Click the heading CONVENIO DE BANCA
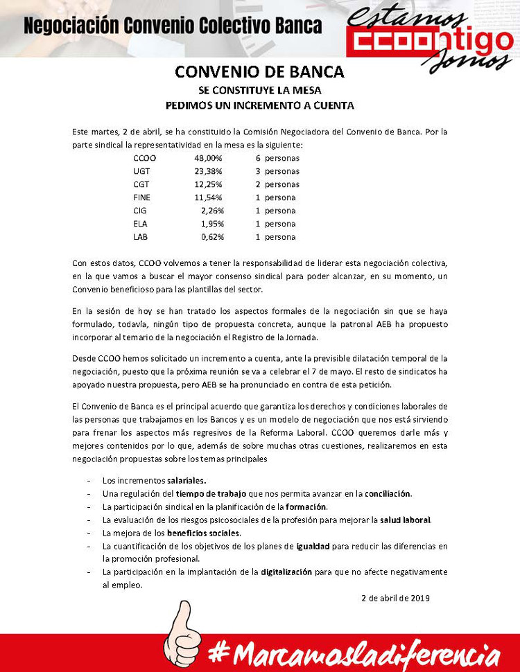(259, 72)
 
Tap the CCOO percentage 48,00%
(208, 158)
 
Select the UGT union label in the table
(141, 171)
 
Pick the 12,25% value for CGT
(208, 184)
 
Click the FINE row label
(141, 197)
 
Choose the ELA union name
(140, 224)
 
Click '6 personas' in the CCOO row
(277, 158)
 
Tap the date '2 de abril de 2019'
(396, 598)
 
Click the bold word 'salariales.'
(187, 480)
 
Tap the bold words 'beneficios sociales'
(204, 533)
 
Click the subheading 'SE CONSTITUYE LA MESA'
(259, 90)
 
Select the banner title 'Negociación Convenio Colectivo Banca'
(173, 26)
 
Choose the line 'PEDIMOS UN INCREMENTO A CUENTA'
(259, 106)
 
